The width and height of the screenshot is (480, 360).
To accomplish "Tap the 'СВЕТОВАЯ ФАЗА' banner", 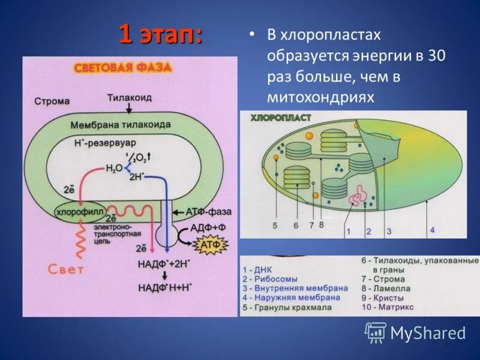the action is click(123, 68).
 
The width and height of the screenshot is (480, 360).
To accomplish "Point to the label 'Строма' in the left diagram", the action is click(52, 101).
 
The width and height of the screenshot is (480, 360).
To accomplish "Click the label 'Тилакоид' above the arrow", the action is click(129, 97).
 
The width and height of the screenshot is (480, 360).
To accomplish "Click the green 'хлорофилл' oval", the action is click(80, 211).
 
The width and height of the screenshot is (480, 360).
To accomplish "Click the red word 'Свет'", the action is click(66, 269).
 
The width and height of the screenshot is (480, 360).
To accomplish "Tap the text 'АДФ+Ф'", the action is click(207, 228).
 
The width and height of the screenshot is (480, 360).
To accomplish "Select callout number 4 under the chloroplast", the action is click(432, 230).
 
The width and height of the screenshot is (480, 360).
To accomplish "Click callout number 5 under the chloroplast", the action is click(274, 226).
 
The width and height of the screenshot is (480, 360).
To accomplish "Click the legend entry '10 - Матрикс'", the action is click(387, 307).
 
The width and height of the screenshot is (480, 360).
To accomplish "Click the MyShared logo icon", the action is click(376, 332).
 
